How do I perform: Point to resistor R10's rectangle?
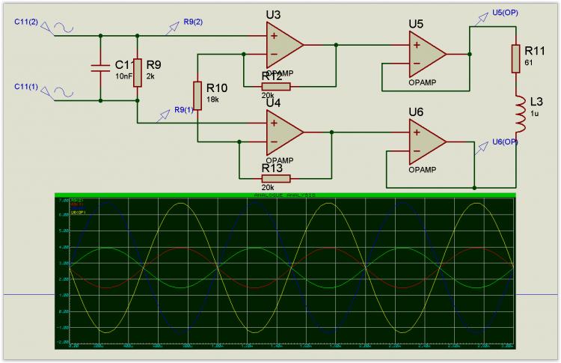coord(197,95)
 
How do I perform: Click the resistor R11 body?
coord(515,58)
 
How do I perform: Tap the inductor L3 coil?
coord(515,117)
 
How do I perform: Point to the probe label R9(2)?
coord(193,22)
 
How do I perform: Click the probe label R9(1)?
coord(183,110)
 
